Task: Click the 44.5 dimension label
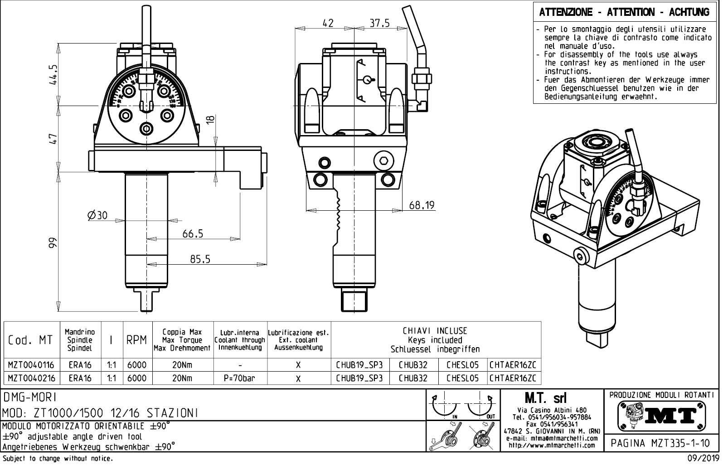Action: tap(53, 74)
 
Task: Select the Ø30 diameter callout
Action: tap(97, 216)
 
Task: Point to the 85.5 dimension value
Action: tap(200, 259)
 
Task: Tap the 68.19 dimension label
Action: tap(422, 205)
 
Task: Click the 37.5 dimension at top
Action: tap(379, 23)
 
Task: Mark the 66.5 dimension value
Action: tap(193, 234)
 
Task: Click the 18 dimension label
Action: tap(210, 120)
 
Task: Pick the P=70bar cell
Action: tap(239, 378)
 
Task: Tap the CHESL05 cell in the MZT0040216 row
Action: tap(462, 378)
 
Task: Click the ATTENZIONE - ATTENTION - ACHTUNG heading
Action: tap(624, 12)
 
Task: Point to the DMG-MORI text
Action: tap(30, 398)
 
